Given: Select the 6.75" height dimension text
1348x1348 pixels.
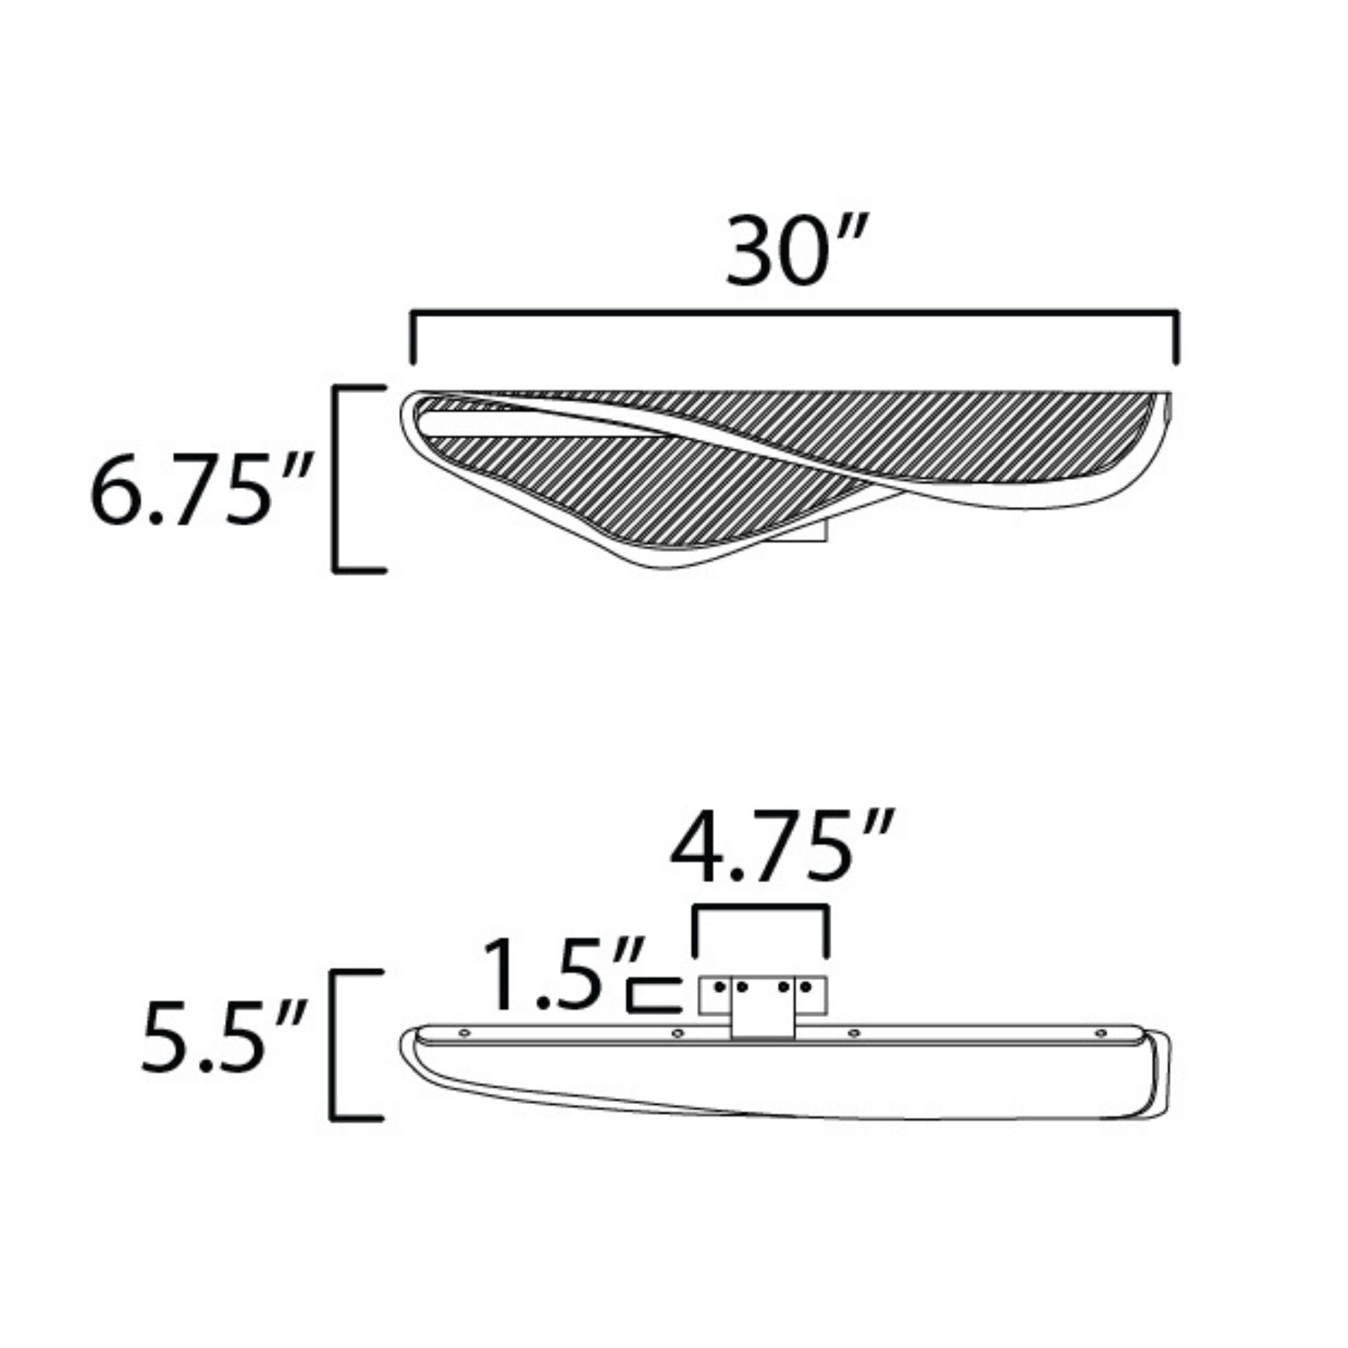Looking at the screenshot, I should click(200, 489).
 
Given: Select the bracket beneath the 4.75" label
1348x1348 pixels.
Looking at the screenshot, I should click(761, 908).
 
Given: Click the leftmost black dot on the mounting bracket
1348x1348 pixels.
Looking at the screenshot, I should click(718, 987).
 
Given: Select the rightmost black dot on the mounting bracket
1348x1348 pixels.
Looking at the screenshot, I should click(807, 987).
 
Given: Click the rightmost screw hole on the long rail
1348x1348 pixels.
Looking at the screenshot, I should click(1101, 1033).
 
